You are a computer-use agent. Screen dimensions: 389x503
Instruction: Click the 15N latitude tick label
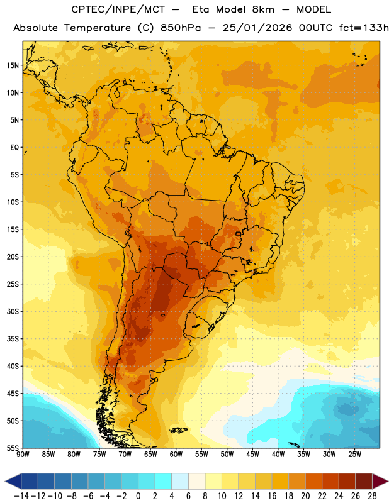click(12, 65)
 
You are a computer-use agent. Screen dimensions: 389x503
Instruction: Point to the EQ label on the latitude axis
click(14, 148)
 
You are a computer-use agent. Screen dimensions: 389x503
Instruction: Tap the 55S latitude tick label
click(12, 448)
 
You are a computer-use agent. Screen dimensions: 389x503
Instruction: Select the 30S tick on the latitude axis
click(12, 311)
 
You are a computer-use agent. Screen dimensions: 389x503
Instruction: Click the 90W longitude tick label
click(23, 455)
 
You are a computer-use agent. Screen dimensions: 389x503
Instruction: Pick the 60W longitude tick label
click(176, 455)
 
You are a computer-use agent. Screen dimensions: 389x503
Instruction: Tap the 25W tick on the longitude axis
click(354, 455)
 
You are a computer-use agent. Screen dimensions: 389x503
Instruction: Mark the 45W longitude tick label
click(252, 455)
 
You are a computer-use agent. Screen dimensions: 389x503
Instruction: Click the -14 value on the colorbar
click(21, 496)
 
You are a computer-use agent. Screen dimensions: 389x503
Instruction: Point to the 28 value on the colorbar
click(372, 496)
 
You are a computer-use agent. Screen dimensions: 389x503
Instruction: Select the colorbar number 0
click(138, 496)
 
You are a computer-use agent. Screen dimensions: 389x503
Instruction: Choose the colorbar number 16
click(272, 496)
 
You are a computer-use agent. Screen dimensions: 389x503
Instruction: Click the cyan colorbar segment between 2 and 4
click(163, 481)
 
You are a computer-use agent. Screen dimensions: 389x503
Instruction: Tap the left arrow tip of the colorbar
click(5, 481)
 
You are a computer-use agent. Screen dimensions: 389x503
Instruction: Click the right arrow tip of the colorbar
click(388, 481)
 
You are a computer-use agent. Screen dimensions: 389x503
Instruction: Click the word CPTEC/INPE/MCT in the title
click(118, 9)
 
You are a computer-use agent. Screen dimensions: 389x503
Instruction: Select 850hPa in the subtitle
click(181, 28)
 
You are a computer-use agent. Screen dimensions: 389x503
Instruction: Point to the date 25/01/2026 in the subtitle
click(257, 28)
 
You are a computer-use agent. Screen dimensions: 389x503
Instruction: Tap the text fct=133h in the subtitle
click(364, 28)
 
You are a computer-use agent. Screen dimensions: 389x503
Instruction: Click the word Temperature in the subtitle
click(97, 28)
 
